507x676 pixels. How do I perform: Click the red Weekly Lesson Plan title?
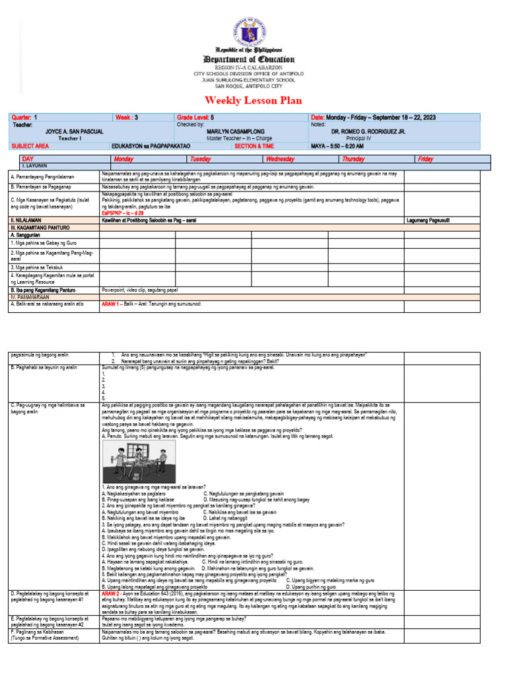coord(253,100)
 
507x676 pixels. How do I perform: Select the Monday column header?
coord(123,159)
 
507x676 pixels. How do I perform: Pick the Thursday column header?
coord(354,159)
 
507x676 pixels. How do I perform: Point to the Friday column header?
coord(425,159)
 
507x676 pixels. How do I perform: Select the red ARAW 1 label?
coord(110,304)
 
